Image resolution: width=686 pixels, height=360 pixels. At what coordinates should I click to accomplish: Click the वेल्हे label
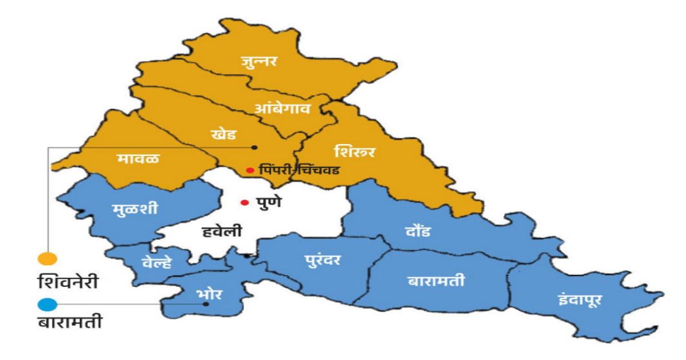click(x=155, y=263)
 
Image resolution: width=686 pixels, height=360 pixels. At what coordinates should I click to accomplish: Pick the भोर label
click(x=208, y=295)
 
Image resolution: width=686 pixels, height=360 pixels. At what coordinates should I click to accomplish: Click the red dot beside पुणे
click(x=245, y=202)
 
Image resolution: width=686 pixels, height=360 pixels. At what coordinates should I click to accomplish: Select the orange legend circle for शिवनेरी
click(x=47, y=258)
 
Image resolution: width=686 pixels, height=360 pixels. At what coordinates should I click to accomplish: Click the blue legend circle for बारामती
click(x=47, y=305)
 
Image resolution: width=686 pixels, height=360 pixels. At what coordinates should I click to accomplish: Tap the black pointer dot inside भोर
click(x=206, y=305)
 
